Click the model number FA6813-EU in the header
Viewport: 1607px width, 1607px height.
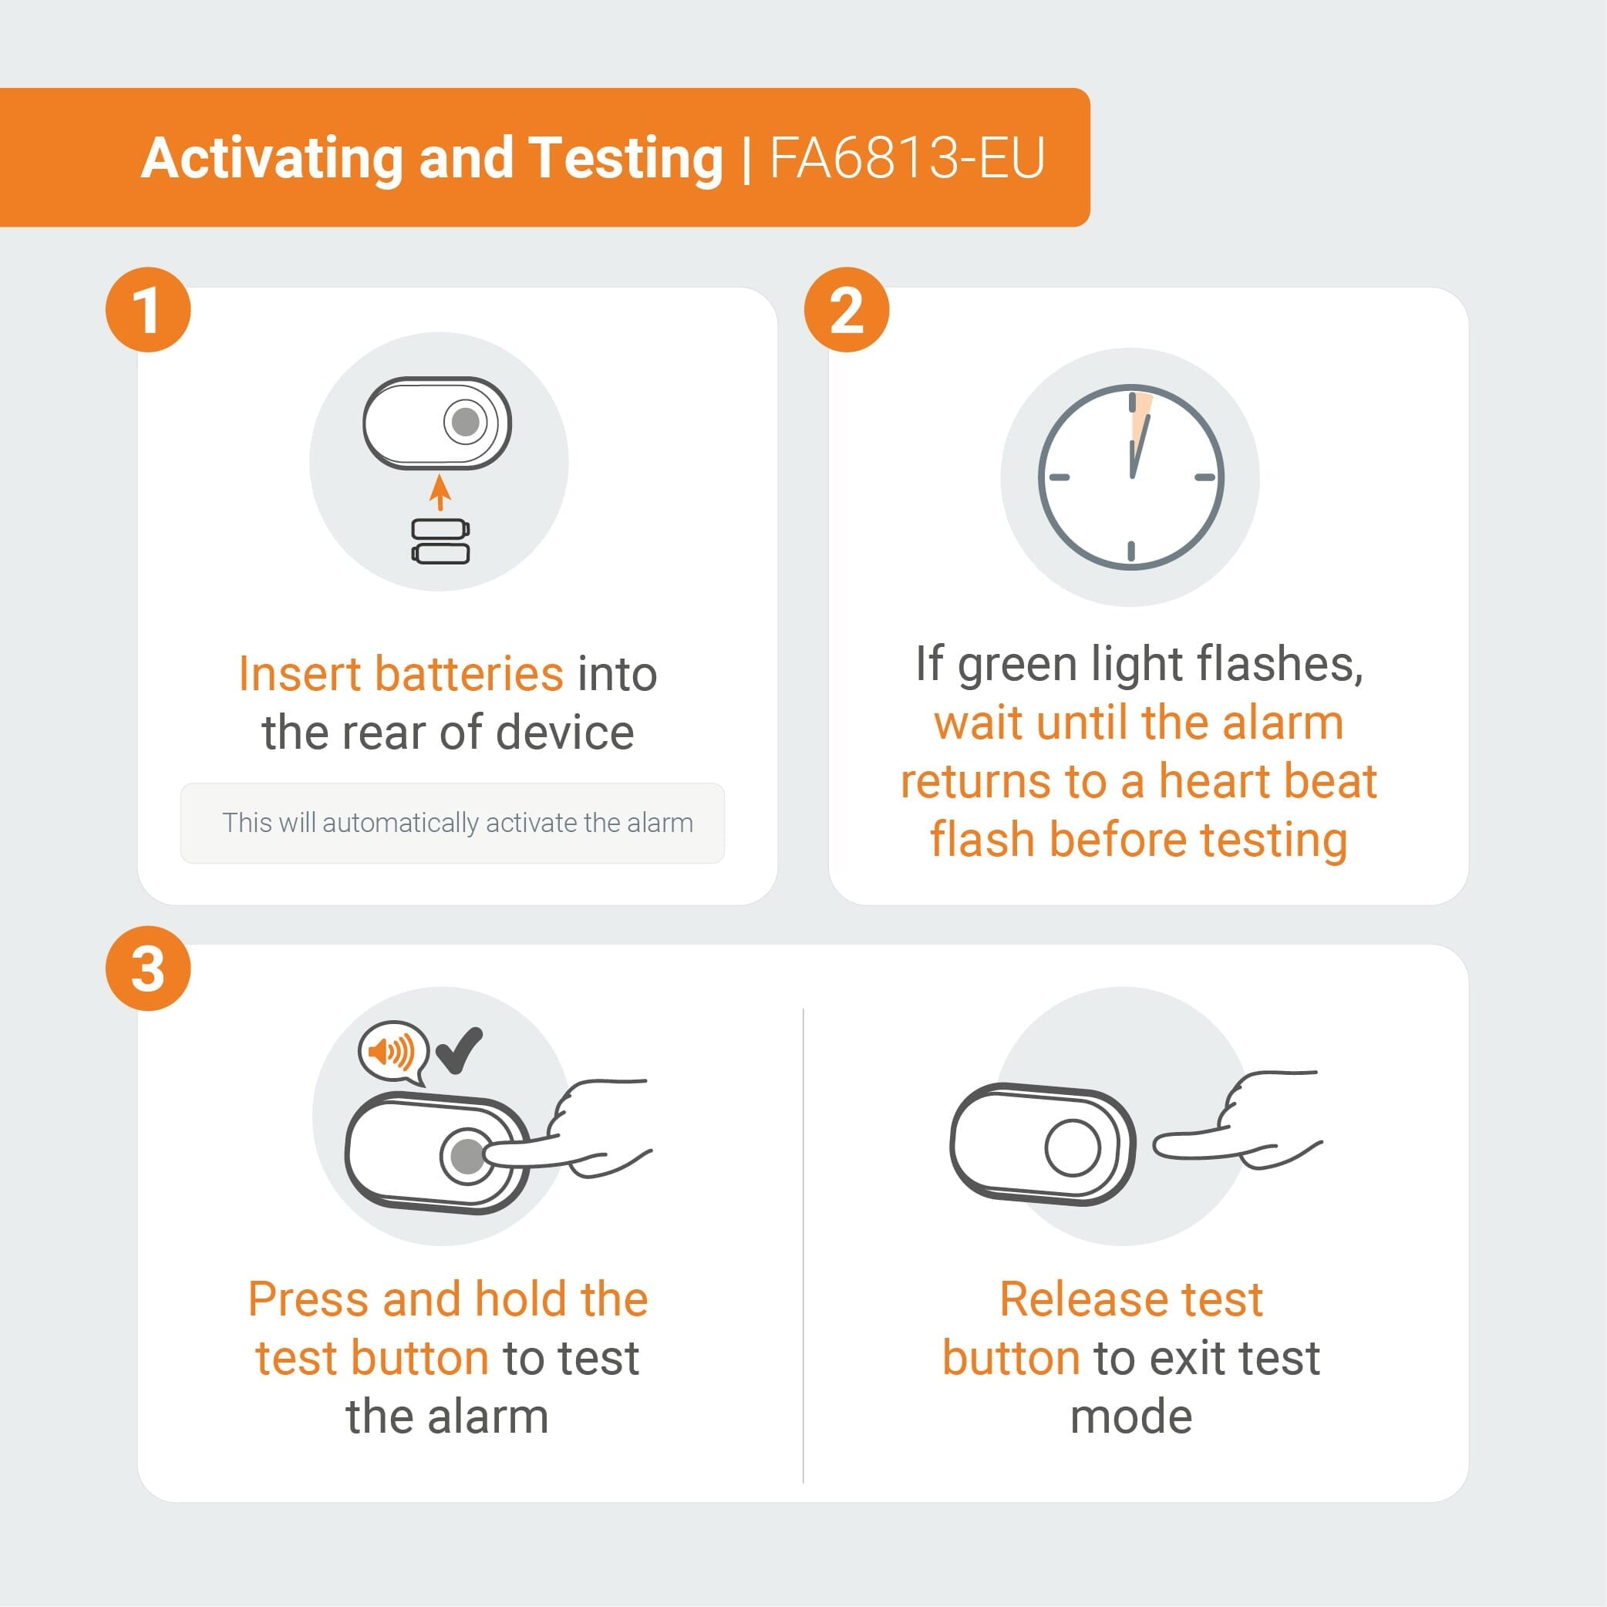tap(907, 157)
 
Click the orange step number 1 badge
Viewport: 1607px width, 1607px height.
tap(148, 309)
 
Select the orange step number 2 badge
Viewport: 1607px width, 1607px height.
tap(846, 309)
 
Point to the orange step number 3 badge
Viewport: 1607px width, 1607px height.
tap(148, 969)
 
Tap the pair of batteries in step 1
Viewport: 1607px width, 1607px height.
tap(441, 541)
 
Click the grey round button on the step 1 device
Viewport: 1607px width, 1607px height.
tap(465, 422)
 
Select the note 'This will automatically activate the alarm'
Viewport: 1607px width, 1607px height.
tap(456, 823)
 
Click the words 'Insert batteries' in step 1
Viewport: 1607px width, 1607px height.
tap(400, 673)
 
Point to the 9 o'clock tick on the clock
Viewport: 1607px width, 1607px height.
tap(1059, 477)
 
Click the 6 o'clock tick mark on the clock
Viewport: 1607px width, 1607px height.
tap(1131, 550)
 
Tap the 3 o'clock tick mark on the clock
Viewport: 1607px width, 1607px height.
tap(1204, 477)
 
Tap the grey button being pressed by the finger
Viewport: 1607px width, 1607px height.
tap(466, 1155)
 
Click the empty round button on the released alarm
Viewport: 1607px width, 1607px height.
tap(1072, 1147)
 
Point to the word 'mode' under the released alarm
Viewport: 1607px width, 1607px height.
tap(1130, 1417)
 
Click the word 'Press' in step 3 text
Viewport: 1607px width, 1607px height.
tap(307, 1299)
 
